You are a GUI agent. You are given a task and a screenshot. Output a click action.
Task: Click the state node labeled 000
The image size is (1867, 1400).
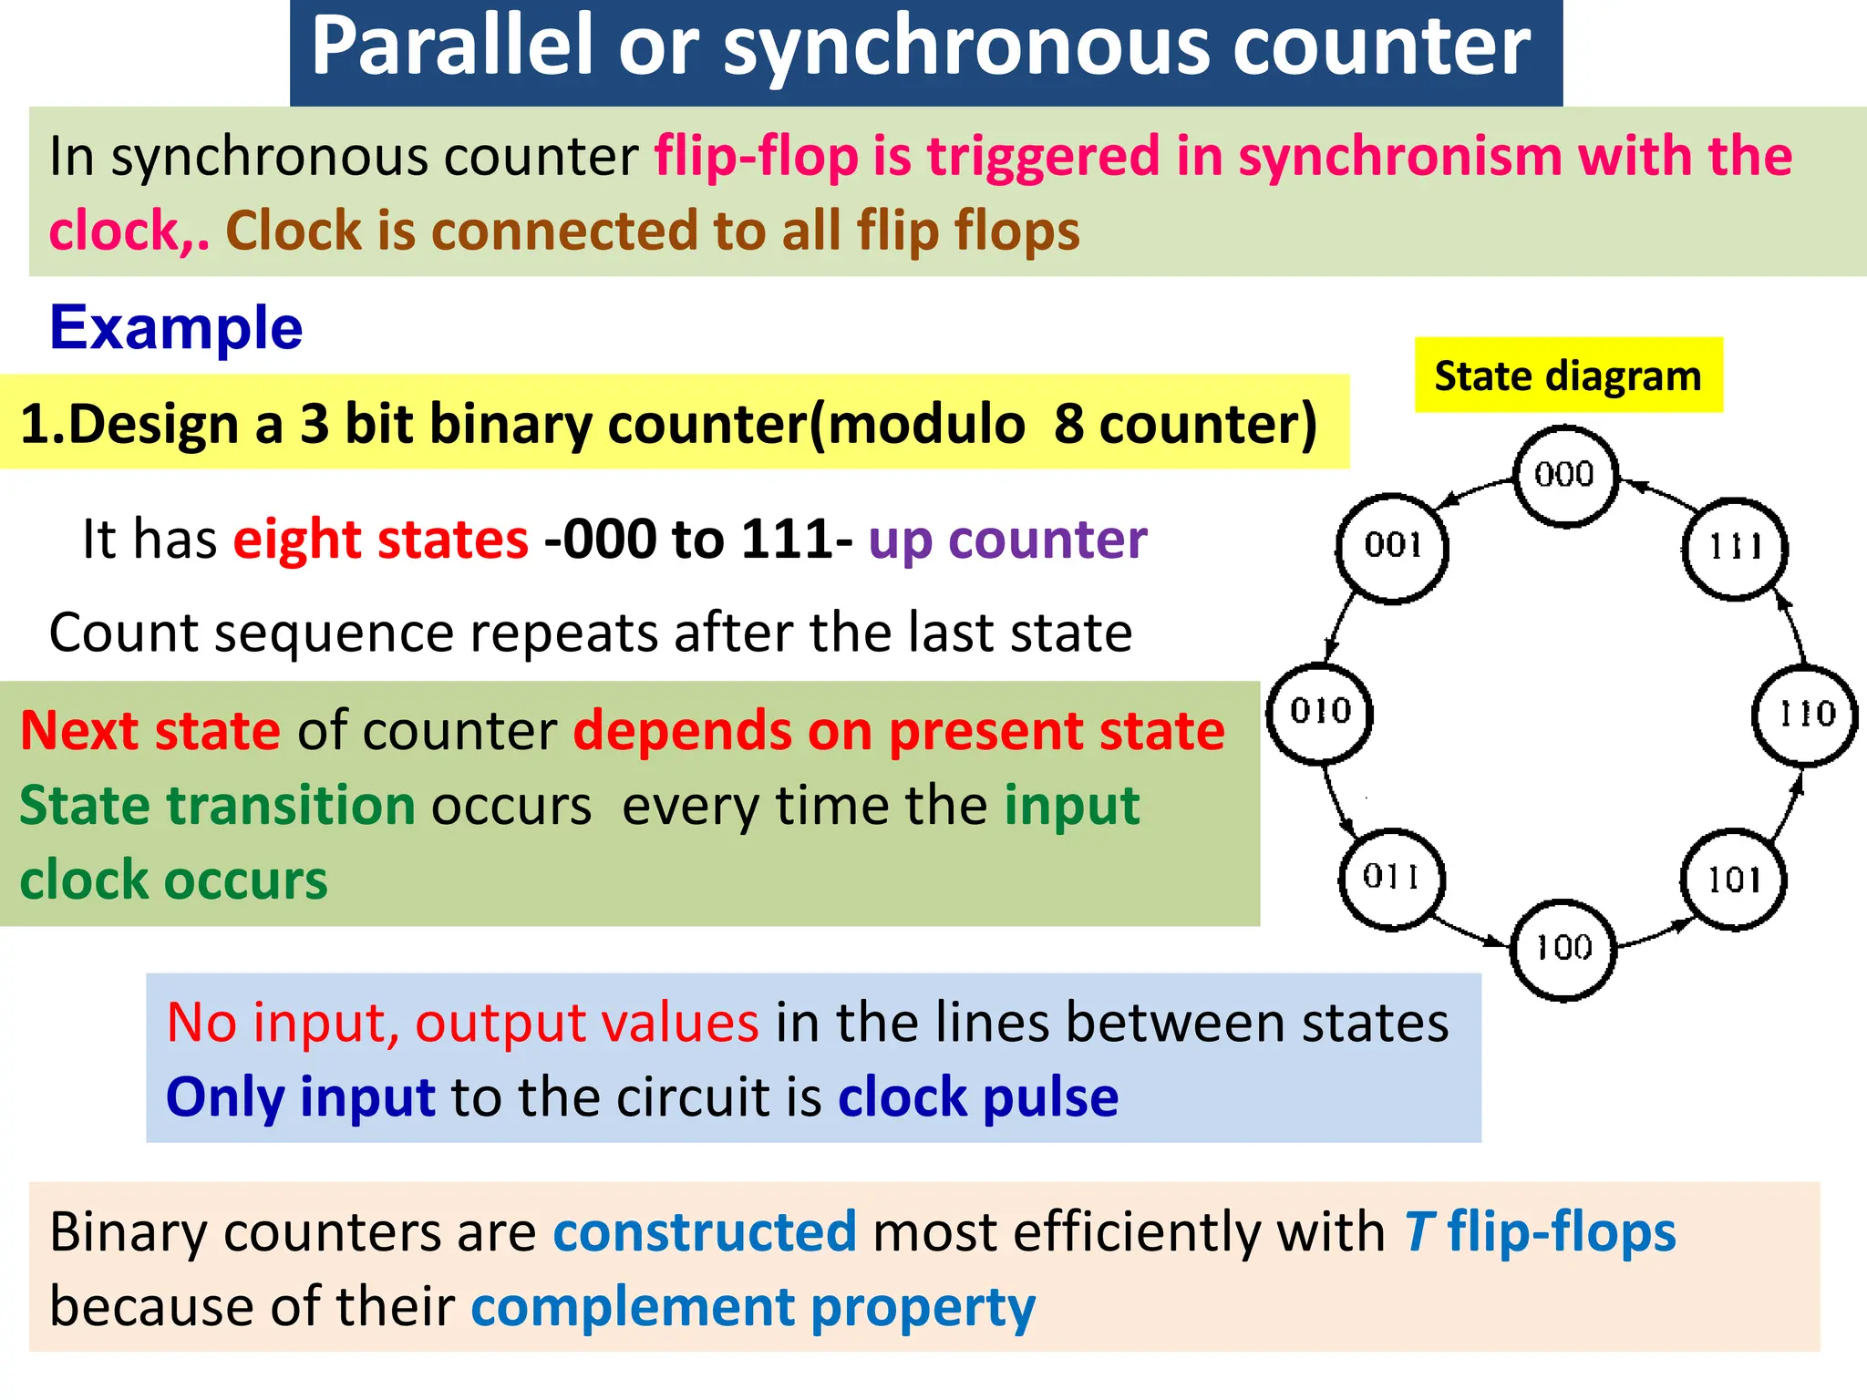point(1565,475)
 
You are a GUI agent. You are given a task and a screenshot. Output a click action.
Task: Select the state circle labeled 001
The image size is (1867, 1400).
point(1392,547)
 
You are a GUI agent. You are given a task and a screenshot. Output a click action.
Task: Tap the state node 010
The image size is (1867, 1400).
point(1320,712)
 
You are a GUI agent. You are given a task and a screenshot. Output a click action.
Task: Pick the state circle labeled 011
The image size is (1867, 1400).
point(1391,878)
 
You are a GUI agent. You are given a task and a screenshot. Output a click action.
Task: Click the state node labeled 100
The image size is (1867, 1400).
point(1563,949)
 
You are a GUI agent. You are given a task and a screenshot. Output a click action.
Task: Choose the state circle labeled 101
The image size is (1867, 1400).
point(1733,880)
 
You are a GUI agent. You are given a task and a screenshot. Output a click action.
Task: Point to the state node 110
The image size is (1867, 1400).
point(1805,715)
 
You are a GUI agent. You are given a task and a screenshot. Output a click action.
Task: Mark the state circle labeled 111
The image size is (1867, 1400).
point(1734,548)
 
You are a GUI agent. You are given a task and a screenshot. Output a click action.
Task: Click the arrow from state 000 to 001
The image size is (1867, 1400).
point(1474,491)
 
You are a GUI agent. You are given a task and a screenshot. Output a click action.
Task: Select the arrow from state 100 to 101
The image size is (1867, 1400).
point(1652,935)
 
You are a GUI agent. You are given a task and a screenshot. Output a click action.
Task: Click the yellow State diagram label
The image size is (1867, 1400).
point(1568,376)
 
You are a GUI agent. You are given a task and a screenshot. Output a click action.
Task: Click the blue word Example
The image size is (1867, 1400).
point(176,328)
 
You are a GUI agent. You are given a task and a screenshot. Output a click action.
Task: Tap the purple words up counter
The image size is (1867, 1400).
point(1006,540)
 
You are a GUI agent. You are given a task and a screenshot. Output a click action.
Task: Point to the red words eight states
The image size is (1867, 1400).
point(380,540)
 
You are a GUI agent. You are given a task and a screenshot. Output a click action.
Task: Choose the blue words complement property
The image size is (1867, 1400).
point(753,1307)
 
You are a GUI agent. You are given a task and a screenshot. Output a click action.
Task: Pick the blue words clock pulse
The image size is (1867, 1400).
point(977,1096)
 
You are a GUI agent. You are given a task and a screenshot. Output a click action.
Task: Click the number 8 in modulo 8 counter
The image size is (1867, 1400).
point(1068,425)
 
